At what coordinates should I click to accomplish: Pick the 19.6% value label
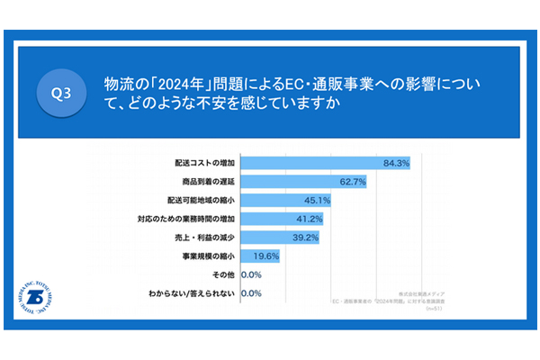coord(266,256)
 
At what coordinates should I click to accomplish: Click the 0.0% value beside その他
coord(251,274)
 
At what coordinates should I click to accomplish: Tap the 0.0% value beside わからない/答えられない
coord(251,293)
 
